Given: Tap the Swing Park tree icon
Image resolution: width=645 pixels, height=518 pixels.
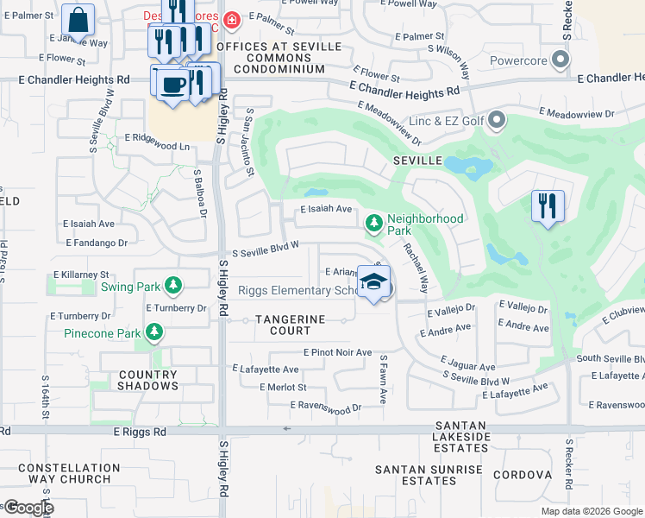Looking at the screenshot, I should tap(173, 285).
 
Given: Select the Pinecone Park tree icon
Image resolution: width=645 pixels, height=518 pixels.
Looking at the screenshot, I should tap(154, 332).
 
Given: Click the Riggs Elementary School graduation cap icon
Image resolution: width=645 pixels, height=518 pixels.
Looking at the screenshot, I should tap(373, 282).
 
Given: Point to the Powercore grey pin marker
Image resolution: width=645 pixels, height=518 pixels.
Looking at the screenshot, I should tap(561, 60).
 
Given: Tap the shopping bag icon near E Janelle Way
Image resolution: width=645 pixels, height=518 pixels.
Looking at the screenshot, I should tap(78, 20).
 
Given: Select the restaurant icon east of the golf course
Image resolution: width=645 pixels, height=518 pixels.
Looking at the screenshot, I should tap(548, 206).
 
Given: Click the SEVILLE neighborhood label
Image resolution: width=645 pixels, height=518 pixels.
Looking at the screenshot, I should tap(418, 161).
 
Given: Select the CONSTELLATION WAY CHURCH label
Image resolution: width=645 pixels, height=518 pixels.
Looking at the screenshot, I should tap(69, 473).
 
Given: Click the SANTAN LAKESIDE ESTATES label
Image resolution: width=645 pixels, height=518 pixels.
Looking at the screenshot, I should tap(462, 437).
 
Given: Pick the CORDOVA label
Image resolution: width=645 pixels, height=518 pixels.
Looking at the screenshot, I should tap(522, 475).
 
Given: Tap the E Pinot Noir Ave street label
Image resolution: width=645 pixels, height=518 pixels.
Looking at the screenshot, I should tap(337, 352).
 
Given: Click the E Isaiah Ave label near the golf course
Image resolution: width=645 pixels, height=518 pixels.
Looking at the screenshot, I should tap(326, 209).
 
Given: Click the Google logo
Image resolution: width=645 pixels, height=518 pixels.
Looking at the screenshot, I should tap(28, 507).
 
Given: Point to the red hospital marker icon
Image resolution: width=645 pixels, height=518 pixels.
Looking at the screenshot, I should tap(230, 19).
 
